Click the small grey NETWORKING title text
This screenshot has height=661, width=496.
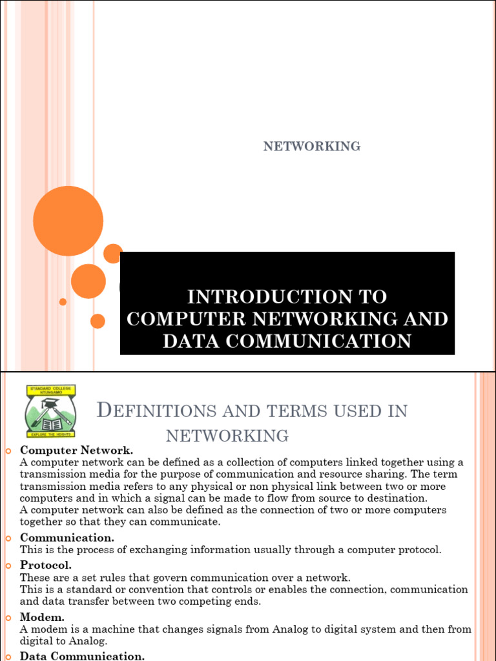point(311,147)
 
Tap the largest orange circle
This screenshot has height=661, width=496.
point(68,221)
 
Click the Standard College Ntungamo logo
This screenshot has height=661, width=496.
point(51,411)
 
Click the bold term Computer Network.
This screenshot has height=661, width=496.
point(76,450)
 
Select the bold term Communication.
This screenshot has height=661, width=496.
point(67,538)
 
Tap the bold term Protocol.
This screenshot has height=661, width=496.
point(46,565)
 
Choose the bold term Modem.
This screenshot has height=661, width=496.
point(43,617)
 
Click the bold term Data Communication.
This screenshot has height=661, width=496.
point(82,656)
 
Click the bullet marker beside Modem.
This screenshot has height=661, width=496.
point(8,618)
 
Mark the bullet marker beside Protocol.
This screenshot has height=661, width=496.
point(8,565)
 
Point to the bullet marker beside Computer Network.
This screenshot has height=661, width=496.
point(8,451)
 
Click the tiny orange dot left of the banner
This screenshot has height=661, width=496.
point(63,301)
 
